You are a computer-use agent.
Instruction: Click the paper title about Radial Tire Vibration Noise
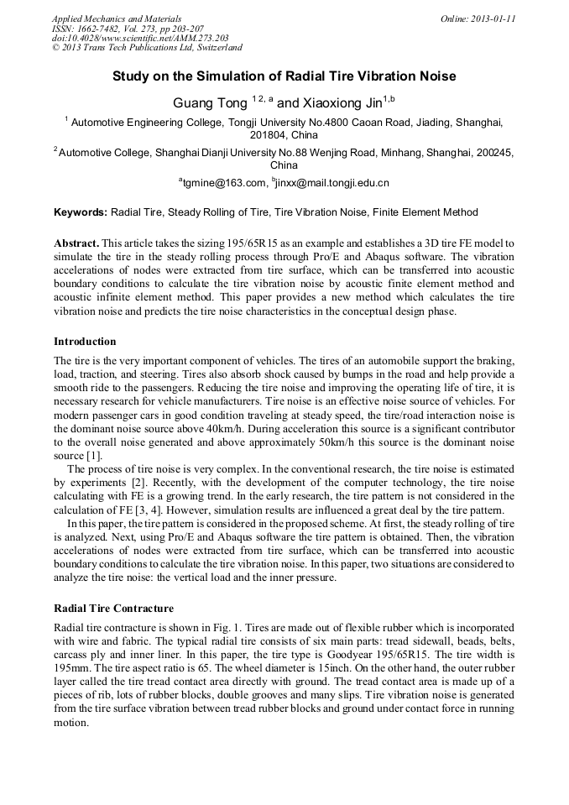(x=284, y=76)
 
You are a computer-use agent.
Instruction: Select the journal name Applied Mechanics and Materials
(x=116, y=18)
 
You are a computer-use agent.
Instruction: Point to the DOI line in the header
(x=139, y=39)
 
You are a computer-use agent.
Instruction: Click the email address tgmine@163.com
(x=222, y=182)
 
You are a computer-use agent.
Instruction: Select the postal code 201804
(x=269, y=134)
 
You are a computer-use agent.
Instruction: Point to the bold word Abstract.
(x=76, y=242)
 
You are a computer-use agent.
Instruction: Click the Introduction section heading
(x=85, y=342)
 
